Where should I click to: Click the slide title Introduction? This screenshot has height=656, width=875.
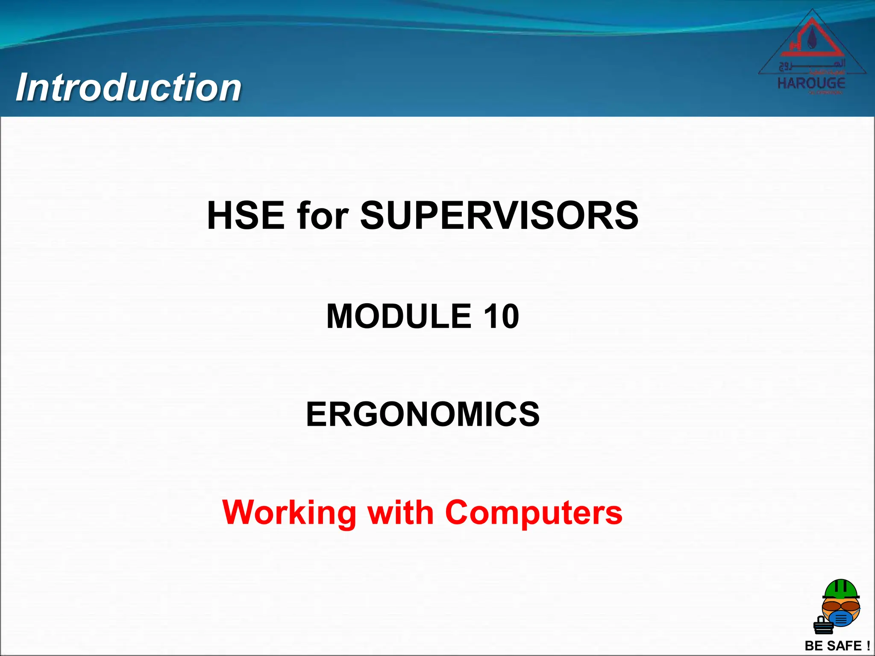click(x=129, y=88)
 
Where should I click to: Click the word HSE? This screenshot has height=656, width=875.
click(x=246, y=216)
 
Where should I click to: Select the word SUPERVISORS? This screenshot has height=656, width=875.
click(x=499, y=216)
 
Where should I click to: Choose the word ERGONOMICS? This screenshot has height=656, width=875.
click(x=423, y=414)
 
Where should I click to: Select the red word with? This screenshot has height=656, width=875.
click(x=401, y=512)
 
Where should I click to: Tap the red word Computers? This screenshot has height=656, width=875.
click(x=534, y=512)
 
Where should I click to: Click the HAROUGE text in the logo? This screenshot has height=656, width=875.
click(x=811, y=83)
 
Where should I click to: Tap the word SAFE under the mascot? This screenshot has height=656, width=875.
click(x=844, y=646)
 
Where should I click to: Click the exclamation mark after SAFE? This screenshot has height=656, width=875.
click(x=868, y=646)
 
